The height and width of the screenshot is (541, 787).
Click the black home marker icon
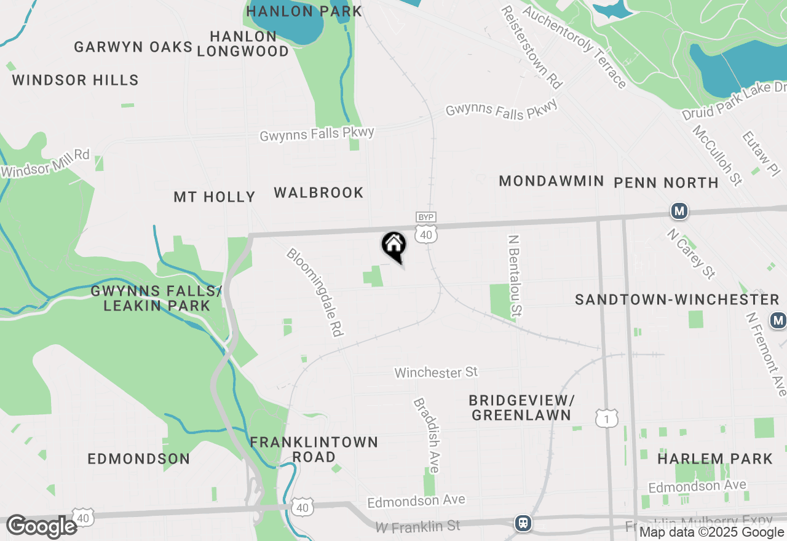393,246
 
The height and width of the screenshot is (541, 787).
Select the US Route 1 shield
606,419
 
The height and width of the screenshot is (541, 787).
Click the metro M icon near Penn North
679,211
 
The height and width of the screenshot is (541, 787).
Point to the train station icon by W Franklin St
523,523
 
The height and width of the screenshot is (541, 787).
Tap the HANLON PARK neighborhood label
304,11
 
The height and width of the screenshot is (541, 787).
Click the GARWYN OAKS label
133,47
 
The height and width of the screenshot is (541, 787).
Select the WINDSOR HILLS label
75,80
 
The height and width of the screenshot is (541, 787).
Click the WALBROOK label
318,192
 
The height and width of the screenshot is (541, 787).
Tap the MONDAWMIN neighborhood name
552,181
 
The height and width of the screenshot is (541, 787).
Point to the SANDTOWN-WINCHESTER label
677,299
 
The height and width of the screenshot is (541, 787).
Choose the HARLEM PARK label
714,459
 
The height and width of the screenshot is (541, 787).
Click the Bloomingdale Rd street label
314,292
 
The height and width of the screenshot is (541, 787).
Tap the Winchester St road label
436,372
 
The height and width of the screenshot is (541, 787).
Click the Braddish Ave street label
427,435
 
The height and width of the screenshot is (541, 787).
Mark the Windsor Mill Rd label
45,163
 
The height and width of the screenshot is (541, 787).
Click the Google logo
42,526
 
